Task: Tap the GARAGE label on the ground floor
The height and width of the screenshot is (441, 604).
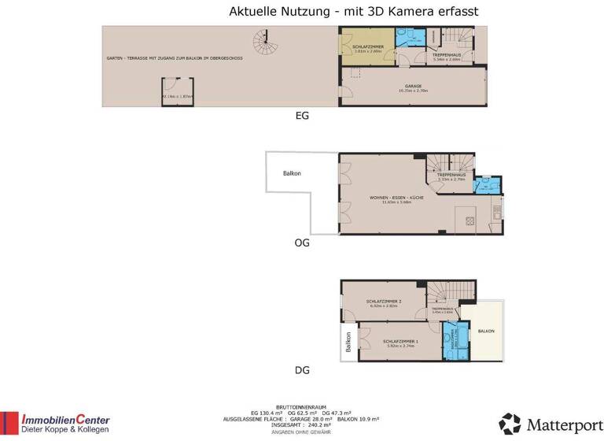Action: [x=413, y=86]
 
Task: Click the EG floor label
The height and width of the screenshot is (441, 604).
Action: [x=301, y=116]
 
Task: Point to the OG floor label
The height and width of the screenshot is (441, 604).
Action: [x=302, y=243]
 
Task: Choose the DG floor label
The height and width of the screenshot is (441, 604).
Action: [x=302, y=369]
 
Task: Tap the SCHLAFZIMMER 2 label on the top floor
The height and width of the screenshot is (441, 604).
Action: [x=384, y=302]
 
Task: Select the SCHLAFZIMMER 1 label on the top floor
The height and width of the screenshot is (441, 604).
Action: [x=400, y=341]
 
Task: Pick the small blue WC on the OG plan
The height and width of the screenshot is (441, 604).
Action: [x=488, y=185]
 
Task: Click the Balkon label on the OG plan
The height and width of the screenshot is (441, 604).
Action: [x=292, y=173]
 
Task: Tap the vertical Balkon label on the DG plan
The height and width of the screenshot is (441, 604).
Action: [x=348, y=344]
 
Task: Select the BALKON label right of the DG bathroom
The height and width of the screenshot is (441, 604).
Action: [x=487, y=332]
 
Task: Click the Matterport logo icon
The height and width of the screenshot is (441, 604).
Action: [x=510, y=424]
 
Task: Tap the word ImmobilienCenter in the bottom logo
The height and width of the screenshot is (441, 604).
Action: [x=65, y=420]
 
